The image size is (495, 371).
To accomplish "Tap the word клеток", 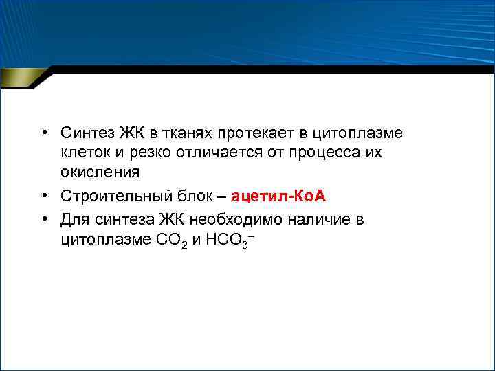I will click(84, 151).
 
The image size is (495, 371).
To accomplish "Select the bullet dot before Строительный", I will click(43, 196).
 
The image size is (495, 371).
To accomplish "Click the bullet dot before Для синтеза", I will click(43, 219).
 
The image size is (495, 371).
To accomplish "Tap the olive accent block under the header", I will click(21, 77).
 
